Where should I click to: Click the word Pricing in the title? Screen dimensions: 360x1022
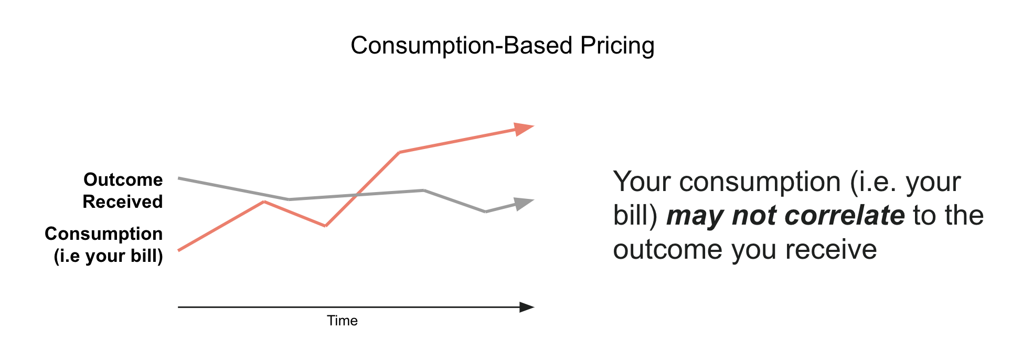617,46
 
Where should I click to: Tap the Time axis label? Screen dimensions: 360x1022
342,321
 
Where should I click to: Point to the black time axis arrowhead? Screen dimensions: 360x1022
526,307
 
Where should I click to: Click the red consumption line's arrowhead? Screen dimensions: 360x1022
523,129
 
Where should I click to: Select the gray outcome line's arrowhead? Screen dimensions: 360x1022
523,203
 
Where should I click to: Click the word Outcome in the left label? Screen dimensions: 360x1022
123,179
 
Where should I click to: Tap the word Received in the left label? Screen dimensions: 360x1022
123,202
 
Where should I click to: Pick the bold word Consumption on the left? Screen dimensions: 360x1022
104,234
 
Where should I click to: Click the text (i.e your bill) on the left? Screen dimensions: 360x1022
109,256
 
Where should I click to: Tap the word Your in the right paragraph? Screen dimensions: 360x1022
642,182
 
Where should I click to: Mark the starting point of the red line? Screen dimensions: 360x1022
179,250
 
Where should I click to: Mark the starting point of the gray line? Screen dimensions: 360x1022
179,178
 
